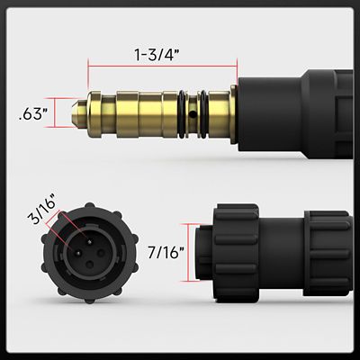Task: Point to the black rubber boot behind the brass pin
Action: point(269,112)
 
